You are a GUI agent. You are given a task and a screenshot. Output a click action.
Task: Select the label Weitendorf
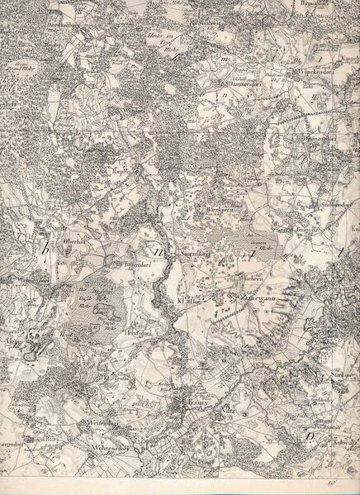click(x=102, y=423)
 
